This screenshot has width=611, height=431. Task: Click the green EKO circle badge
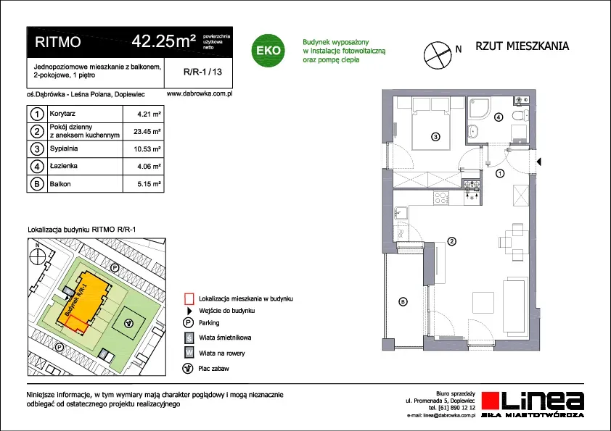[x=268, y=51]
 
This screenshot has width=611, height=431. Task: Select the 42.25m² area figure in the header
[x=164, y=41]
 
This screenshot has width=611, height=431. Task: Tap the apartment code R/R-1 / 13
[x=202, y=72]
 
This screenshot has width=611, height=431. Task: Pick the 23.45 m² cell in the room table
[x=147, y=132]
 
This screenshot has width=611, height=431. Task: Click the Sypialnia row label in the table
[x=64, y=148]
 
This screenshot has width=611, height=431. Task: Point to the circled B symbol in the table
[x=37, y=183]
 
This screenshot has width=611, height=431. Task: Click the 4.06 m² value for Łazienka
[x=149, y=167]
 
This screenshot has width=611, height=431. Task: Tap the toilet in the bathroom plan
[x=520, y=115]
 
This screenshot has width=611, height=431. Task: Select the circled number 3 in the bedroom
[x=435, y=136]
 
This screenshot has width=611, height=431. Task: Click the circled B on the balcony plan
[x=403, y=301]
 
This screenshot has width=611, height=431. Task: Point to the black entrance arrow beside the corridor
[x=539, y=162]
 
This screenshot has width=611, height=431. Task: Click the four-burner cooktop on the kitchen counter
[x=441, y=198]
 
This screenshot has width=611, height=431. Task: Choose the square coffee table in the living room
[x=484, y=302]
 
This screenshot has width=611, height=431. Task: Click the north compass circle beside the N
[x=438, y=55]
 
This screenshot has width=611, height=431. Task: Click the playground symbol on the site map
[x=129, y=323]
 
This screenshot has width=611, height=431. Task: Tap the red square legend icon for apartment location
[x=189, y=298]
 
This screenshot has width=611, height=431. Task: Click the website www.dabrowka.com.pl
[x=200, y=93]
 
